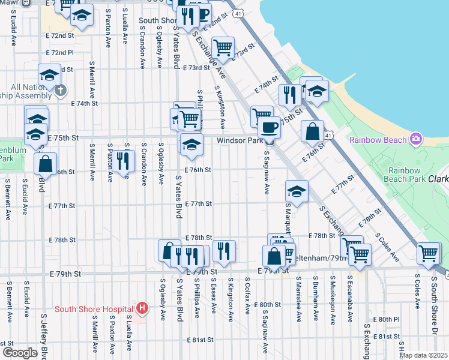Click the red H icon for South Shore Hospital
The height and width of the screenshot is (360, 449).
click(x=142, y=309)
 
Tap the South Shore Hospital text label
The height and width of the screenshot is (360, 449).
click(x=93, y=310)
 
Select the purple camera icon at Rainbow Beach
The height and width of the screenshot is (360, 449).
click(x=416, y=139)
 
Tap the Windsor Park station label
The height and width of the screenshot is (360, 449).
click(x=240, y=140)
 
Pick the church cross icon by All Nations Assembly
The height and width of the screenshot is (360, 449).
click(x=60, y=90)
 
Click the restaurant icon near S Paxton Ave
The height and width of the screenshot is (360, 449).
click(x=123, y=161)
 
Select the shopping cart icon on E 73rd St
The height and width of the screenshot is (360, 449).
click(x=223, y=47)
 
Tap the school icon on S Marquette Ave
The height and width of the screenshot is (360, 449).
click(x=297, y=191)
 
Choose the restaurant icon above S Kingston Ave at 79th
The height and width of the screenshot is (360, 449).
click(x=224, y=250)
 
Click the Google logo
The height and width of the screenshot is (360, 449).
click(x=20, y=353)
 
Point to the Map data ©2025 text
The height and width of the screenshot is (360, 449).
click(x=423, y=355)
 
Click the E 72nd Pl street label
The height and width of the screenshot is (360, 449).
click(x=62, y=53)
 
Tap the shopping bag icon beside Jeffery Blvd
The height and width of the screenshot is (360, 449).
click(x=45, y=164)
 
